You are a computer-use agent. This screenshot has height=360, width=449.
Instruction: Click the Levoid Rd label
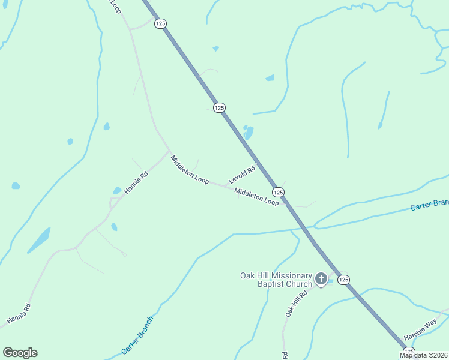coord(242,175)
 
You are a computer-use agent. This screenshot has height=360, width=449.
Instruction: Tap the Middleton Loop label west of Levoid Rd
coord(189,169)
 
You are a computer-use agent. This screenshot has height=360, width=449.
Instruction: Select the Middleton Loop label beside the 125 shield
coord(256,197)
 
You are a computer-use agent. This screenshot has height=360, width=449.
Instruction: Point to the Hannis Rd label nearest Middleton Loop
coord(136,184)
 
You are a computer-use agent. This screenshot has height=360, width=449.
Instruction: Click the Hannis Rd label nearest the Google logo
coord(19,315)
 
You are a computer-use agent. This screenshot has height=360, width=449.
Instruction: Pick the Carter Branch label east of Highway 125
coord(429,205)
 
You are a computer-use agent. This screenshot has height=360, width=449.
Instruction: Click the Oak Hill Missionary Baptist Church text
coord(276,280)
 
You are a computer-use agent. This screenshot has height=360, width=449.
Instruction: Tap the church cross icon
coord(321,279)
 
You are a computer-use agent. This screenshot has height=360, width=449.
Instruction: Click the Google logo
coord(20,353)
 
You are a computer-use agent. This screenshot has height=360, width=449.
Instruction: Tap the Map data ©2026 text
coord(423,355)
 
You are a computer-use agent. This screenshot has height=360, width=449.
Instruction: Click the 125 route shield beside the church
coord(343,280)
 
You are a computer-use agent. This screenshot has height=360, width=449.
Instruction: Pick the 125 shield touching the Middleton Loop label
coord(277,192)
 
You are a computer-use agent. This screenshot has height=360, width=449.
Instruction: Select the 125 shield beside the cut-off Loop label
coord(160,23)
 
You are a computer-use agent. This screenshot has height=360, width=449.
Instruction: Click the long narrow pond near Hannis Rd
coord(38,240)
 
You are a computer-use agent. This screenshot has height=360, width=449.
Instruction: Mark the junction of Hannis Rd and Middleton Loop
coord(169,151)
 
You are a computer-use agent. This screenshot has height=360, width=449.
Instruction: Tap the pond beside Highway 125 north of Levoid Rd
coord(248,133)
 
